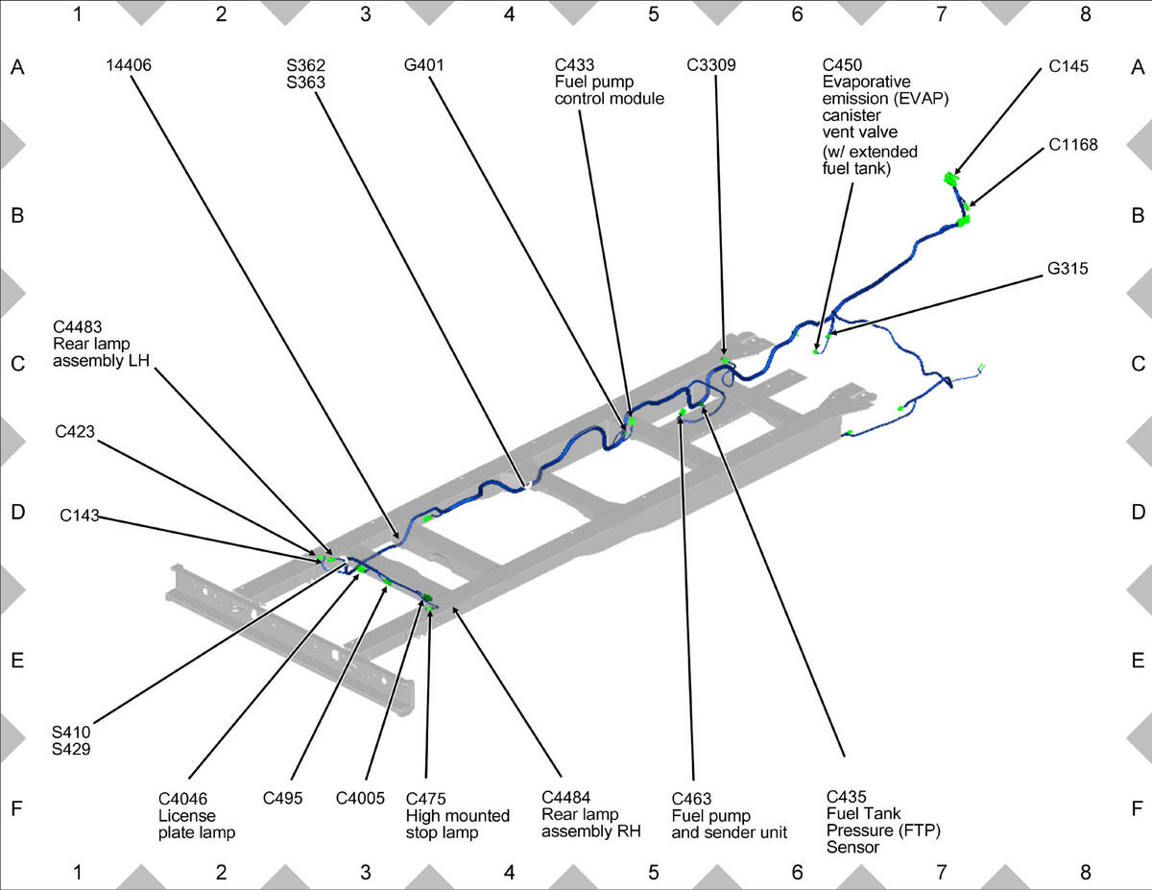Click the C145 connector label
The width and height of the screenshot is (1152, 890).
(1068, 66)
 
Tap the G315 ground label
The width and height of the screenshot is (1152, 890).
(1068, 268)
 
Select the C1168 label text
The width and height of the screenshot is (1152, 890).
(1073, 145)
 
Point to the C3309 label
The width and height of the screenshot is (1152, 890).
(711, 65)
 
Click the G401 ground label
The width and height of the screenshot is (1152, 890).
(423, 65)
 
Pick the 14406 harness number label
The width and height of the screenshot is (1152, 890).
(129, 65)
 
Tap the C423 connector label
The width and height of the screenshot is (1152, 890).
(75, 431)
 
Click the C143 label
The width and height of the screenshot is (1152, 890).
(80, 516)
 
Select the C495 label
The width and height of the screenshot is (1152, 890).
(282, 798)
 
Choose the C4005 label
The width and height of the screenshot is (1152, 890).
(360, 798)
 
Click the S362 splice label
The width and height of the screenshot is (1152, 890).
(306, 65)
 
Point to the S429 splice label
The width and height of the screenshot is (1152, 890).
(71, 749)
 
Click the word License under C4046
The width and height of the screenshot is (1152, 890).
(186, 815)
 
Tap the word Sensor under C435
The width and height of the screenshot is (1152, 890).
(852, 847)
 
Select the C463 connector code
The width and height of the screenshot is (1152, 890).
(691, 798)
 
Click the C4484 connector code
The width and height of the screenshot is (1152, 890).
(565, 797)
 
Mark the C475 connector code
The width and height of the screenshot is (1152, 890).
(425, 798)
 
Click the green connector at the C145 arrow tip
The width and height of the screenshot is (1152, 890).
(950, 179)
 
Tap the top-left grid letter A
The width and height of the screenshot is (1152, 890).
(17, 67)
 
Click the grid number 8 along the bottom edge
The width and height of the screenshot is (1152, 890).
(1085, 872)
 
